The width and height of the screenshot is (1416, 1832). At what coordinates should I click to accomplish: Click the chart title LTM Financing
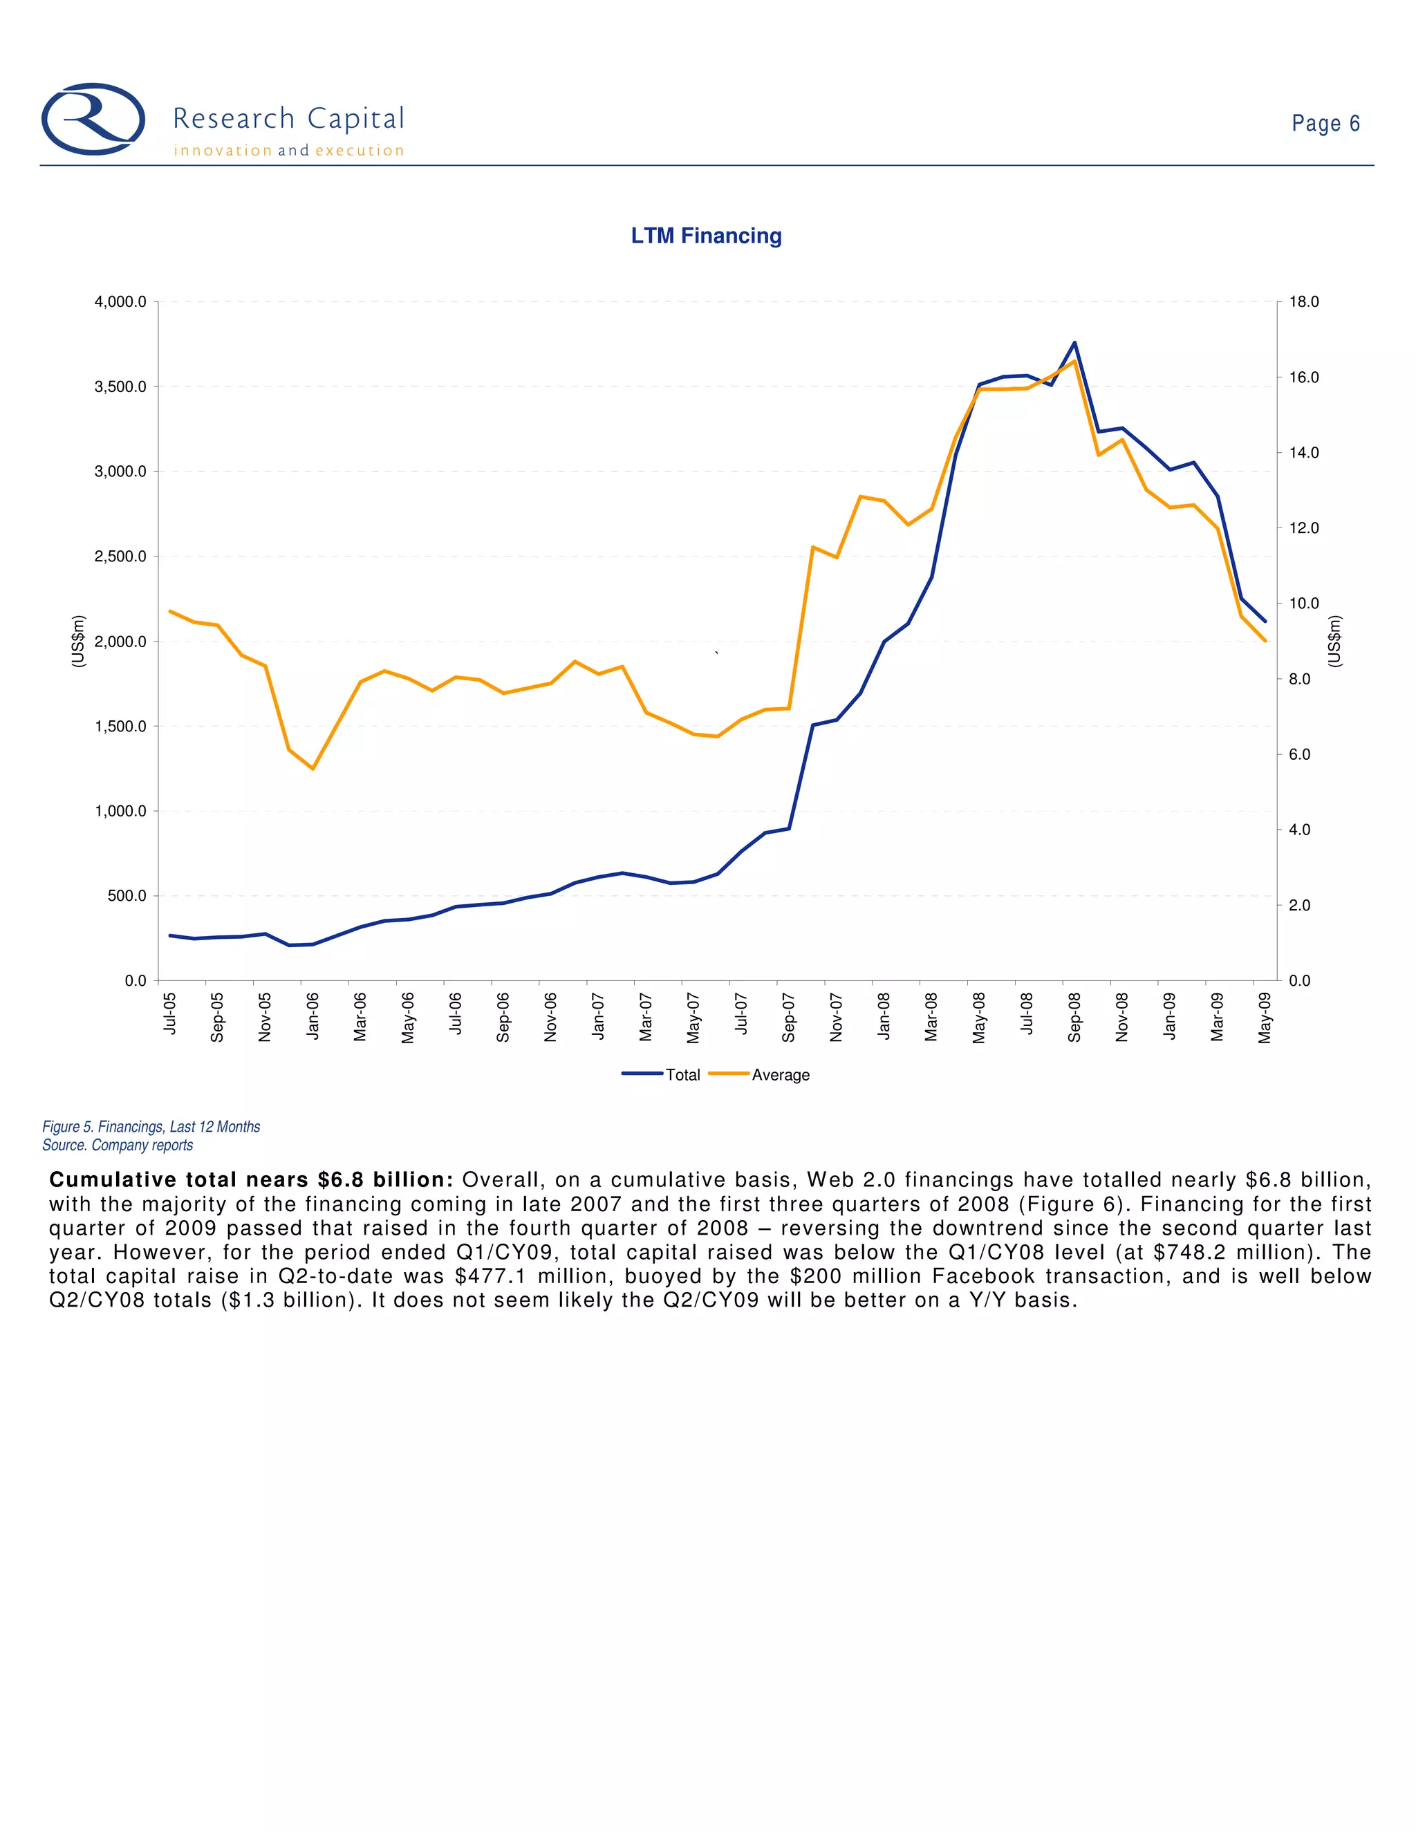tap(707, 236)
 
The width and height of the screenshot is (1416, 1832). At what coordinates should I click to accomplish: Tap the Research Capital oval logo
tap(93, 119)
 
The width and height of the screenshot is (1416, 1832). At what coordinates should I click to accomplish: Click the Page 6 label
tap(1325, 123)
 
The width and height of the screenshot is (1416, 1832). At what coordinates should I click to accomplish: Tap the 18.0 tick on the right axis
tap(1303, 302)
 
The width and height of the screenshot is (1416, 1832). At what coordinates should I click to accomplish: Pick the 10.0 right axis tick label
tap(1303, 603)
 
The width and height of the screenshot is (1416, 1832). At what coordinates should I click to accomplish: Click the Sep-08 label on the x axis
tap(1074, 1017)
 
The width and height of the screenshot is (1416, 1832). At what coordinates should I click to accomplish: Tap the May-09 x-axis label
tap(1265, 1017)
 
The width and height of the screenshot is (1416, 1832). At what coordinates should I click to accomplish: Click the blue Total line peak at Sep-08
tap(1074, 342)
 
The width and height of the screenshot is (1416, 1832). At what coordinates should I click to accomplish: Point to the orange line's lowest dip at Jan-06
tap(313, 768)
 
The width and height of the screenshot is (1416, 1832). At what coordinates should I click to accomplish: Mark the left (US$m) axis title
tap(78, 641)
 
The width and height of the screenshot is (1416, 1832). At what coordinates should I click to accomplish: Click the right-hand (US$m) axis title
tap(1336, 641)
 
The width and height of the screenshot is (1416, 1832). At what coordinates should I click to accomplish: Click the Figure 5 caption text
tap(151, 1127)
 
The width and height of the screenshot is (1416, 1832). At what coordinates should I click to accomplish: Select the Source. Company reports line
tap(118, 1145)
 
